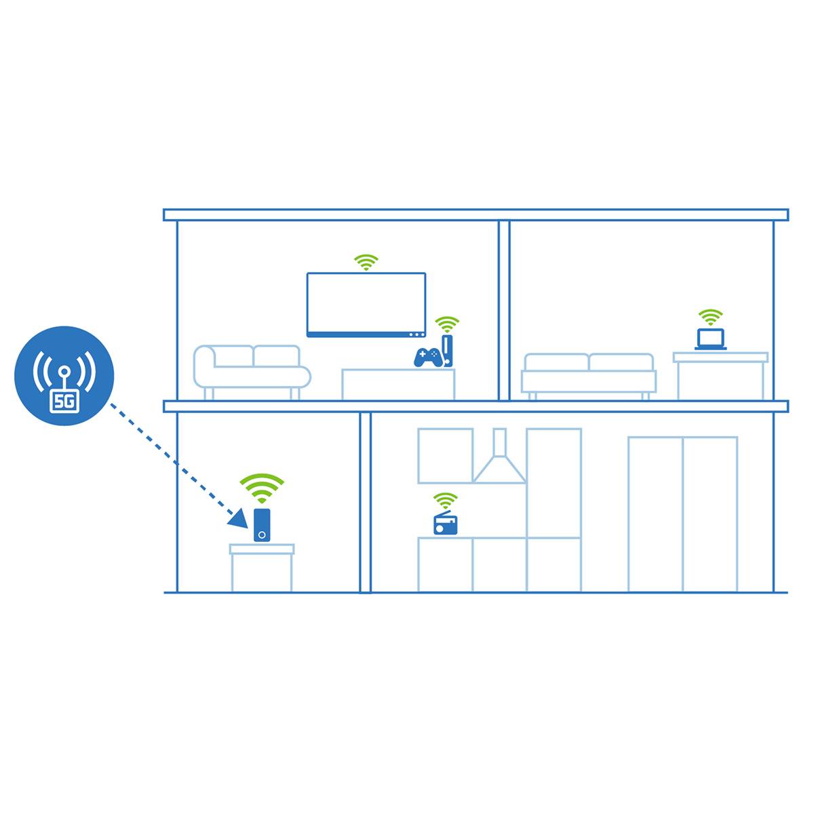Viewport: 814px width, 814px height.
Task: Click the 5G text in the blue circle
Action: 64,402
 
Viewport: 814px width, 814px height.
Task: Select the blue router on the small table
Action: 262,524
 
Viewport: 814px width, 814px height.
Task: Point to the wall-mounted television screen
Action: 366,304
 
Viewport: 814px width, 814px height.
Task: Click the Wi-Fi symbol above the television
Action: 366,262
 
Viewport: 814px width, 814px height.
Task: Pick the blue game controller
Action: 428,357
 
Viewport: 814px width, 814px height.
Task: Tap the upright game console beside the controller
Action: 448,350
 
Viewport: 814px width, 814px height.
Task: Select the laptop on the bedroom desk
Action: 711,338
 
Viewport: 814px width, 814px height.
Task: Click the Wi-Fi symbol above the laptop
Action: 711,317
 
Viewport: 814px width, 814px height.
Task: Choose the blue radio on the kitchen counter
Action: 446,524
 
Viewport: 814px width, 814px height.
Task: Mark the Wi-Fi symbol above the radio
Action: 446,501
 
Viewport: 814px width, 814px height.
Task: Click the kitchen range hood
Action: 500,461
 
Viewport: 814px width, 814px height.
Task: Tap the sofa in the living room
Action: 252,370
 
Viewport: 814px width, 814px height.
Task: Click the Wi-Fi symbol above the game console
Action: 447,323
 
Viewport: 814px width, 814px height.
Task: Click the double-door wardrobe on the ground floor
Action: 682,513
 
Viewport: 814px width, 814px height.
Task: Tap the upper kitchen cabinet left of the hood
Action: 445,455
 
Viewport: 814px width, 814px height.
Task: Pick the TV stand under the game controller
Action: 398,384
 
